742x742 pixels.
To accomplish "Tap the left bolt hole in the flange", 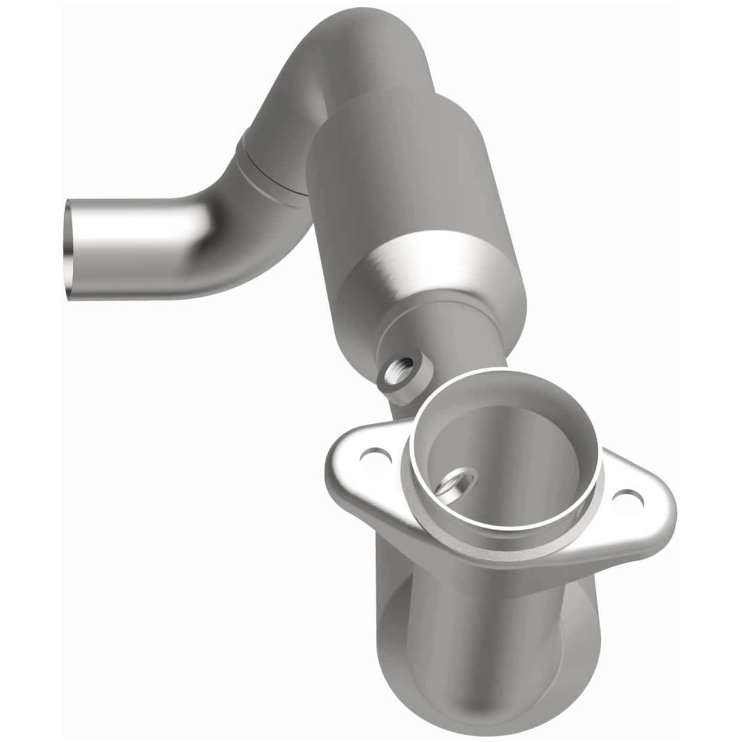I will coord(370,455).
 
